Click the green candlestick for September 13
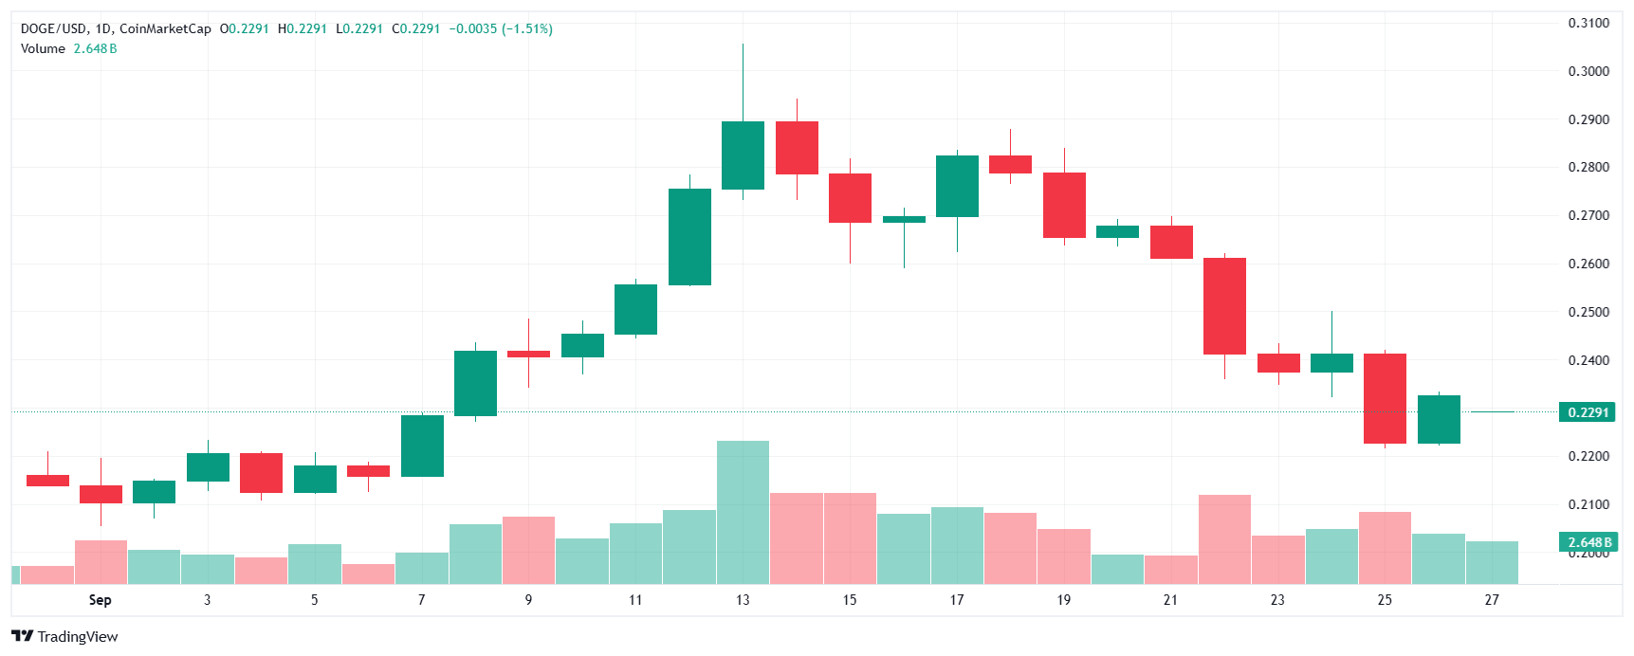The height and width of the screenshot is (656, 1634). click(743, 155)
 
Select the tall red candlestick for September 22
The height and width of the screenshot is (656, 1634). click(1224, 306)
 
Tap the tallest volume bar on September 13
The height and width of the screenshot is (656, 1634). click(743, 512)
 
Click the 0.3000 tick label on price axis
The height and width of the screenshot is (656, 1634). click(1588, 71)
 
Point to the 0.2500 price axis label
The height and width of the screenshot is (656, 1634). click(1588, 312)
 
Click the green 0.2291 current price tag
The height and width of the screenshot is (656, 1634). click(1588, 412)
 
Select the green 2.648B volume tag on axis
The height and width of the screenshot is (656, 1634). click(1588, 542)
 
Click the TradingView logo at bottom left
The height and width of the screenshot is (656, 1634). click(64, 636)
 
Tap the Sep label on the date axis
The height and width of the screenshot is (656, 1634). click(100, 599)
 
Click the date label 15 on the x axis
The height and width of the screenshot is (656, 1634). click(850, 599)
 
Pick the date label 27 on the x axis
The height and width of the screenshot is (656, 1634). click(1492, 599)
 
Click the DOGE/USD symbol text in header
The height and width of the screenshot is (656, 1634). click(54, 28)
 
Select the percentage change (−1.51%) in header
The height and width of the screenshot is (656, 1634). click(527, 28)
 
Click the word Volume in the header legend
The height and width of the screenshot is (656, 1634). click(43, 48)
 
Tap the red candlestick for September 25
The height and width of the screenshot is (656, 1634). click(1385, 398)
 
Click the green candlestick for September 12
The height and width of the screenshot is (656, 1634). click(689, 237)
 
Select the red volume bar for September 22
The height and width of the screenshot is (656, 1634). click(1224, 538)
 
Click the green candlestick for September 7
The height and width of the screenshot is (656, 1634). click(422, 446)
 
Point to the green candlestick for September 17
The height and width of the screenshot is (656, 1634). click(957, 187)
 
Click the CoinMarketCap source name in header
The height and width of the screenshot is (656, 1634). click(165, 28)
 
